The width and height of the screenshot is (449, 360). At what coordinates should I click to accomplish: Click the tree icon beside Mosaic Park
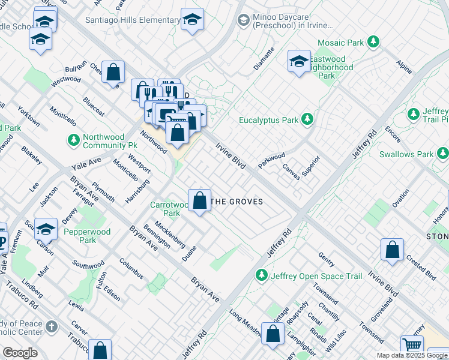click(x=374, y=42)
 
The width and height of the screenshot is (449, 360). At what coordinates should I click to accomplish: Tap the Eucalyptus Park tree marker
click(x=307, y=119)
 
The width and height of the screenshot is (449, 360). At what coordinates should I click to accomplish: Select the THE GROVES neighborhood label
click(x=238, y=202)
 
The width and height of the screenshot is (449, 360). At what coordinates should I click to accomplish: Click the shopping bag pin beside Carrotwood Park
click(x=199, y=201)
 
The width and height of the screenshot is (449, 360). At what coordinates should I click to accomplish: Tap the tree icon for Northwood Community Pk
click(x=73, y=140)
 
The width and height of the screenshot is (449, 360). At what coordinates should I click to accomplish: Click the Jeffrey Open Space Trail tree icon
click(x=261, y=275)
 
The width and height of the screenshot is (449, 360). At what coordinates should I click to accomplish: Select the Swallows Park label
click(x=406, y=154)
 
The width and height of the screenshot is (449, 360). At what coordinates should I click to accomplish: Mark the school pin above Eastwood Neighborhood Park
click(x=299, y=62)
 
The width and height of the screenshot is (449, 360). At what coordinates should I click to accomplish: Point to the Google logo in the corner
click(x=20, y=353)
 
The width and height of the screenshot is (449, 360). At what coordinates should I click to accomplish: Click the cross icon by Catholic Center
click(x=52, y=327)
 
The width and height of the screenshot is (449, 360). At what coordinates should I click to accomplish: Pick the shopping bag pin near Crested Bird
click(x=392, y=250)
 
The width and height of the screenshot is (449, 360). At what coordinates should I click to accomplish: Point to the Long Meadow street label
click(x=246, y=323)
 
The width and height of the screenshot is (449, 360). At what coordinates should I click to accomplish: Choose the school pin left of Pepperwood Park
click(x=46, y=230)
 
